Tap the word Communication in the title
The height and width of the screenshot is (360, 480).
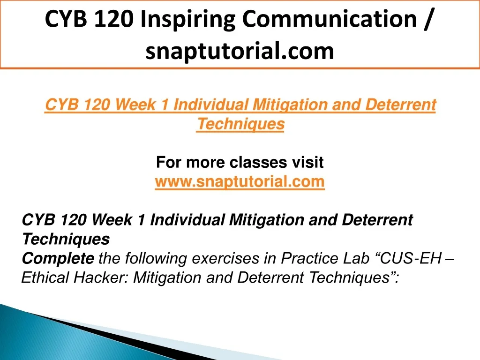330,19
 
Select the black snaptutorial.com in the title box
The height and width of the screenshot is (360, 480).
240,51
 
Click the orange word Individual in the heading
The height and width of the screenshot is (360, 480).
211,105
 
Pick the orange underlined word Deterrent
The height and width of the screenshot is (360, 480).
400,105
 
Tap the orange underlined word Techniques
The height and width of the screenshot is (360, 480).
240,124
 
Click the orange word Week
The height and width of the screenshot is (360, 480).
135,105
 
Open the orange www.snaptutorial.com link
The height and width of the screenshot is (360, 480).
240,182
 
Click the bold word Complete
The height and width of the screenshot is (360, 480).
58,258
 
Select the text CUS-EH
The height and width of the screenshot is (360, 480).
408,258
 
